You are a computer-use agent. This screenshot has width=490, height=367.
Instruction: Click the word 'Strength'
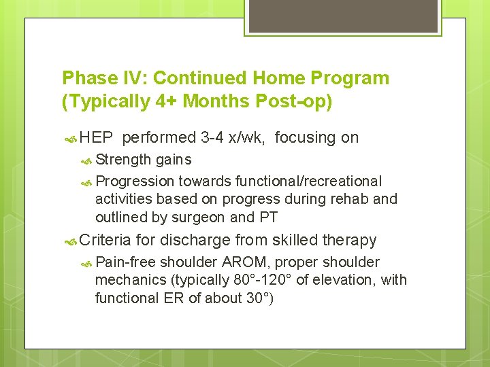(x=123, y=160)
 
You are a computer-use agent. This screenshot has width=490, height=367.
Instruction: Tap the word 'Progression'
(x=135, y=181)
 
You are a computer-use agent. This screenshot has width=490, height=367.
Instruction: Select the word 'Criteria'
(x=105, y=240)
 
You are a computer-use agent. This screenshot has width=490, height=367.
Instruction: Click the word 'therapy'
(x=349, y=240)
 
